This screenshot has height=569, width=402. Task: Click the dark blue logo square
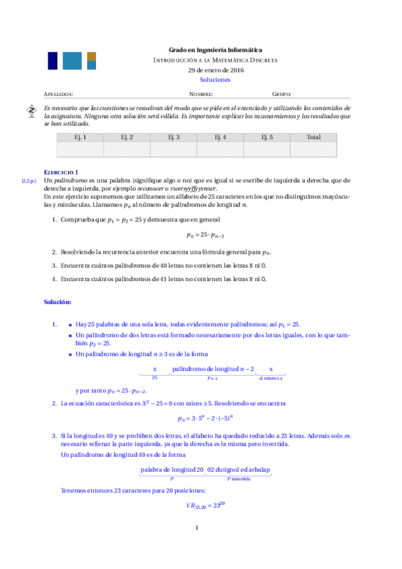point(52,60)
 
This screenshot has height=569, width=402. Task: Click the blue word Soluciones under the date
point(215,79)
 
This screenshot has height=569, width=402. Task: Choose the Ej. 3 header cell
point(173,138)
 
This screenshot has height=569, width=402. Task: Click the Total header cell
point(313,138)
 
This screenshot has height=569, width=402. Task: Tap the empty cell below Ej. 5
point(266,150)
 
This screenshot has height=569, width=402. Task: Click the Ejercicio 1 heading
point(61,172)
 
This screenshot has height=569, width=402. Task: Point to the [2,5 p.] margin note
point(29,181)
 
